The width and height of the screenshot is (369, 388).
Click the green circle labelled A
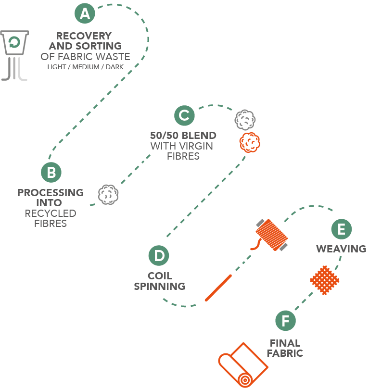click(85, 13)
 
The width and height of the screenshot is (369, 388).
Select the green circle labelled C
click(184, 115)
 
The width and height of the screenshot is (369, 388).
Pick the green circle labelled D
click(159, 255)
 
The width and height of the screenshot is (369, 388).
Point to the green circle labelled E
click(341, 229)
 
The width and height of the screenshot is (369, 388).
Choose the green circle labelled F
click(286, 321)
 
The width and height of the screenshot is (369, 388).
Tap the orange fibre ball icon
click(249, 142)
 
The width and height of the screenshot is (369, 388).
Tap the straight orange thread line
click(219, 287)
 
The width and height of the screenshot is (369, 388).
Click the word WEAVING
click(341, 249)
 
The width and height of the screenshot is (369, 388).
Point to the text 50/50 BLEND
click(182, 135)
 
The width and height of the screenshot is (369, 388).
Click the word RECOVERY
click(84, 36)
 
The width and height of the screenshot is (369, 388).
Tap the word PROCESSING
click(51, 192)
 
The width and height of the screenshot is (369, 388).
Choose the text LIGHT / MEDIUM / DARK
click(85, 67)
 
